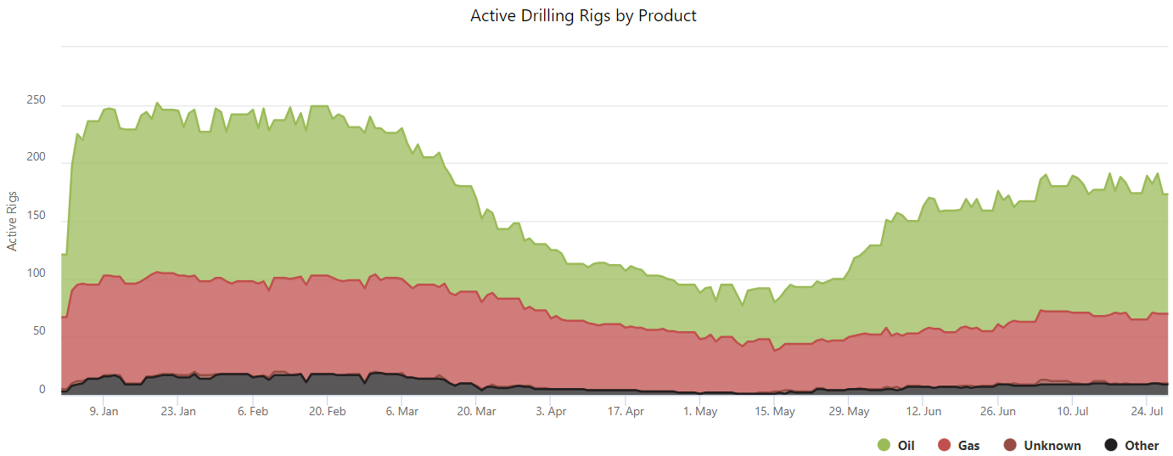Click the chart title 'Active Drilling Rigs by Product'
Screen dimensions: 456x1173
click(583, 16)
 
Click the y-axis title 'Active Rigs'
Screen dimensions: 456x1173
click(13, 220)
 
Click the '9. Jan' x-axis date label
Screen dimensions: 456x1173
click(104, 412)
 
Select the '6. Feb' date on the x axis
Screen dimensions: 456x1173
click(253, 412)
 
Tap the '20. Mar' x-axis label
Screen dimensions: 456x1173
click(476, 412)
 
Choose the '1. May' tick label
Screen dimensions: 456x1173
click(700, 412)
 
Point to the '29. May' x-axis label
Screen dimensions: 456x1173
click(849, 412)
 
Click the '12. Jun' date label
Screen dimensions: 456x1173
click(923, 412)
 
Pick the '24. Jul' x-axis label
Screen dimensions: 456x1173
click(1147, 412)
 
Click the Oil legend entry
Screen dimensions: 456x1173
click(906, 445)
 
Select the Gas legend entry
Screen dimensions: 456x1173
click(968, 445)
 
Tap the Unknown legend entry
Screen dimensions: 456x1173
click(1052, 445)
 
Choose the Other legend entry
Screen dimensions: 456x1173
click(1142, 445)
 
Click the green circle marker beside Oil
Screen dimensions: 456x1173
click(884, 445)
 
